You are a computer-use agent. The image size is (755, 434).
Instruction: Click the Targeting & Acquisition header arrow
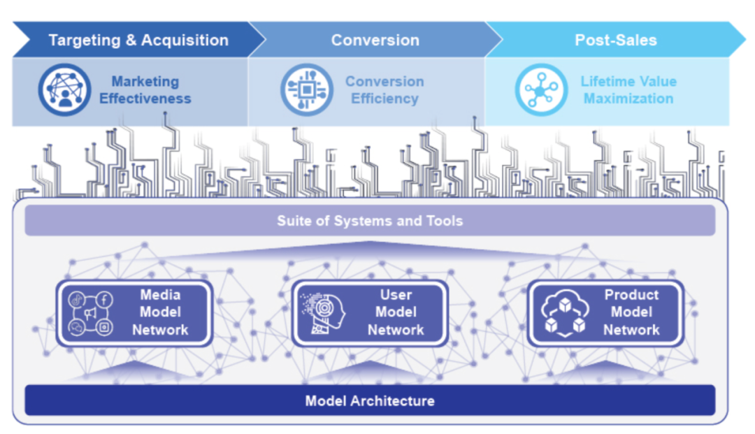138,40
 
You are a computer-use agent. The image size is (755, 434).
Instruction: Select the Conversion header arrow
375,40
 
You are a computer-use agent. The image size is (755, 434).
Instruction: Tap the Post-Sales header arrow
615,40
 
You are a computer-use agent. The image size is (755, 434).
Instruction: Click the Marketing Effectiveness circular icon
64,90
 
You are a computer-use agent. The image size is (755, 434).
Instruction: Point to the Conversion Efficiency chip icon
306,90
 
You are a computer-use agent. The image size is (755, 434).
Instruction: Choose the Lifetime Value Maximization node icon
541,90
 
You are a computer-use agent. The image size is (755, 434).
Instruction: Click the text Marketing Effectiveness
145,90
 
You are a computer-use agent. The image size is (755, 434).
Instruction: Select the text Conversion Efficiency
384,90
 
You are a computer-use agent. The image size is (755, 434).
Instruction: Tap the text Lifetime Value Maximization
628,90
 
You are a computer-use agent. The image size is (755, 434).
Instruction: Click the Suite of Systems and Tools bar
370,221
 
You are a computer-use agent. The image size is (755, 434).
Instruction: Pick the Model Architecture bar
370,400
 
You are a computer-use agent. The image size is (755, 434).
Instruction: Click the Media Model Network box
134,313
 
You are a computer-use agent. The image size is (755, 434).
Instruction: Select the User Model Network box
370,313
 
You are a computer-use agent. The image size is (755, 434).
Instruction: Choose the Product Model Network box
605,313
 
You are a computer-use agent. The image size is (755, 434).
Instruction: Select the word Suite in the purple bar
293,222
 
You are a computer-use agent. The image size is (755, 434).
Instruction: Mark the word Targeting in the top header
83,40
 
